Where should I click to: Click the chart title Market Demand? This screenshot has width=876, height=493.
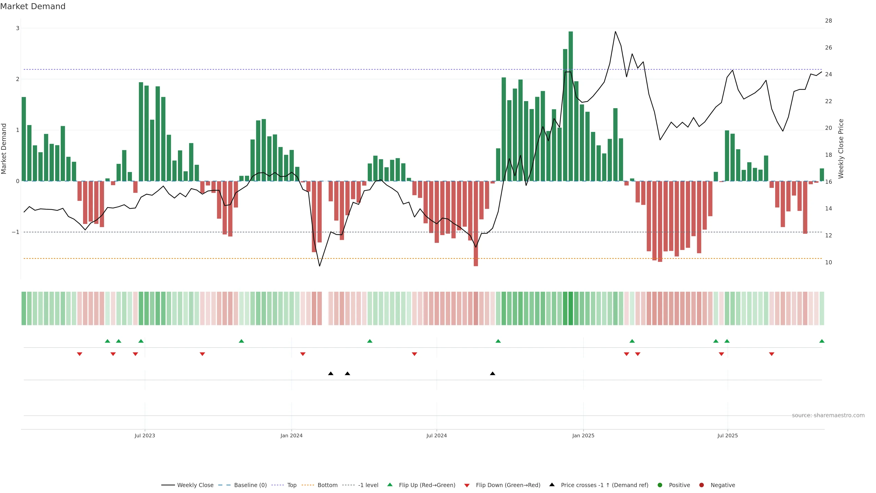pyautogui.click(x=33, y=6)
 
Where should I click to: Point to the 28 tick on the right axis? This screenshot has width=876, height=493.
pyautogui.click(x=828, y=21)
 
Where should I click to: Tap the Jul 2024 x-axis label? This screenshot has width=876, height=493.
pyautogui.click(x=436, y=435)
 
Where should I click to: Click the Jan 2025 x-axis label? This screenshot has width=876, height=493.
pyautogui.click(x=583, y=435)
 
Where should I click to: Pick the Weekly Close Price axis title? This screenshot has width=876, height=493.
pyautogui.click(x=841, y=149)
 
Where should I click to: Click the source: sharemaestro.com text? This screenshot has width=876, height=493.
pyautogui.click(x=828, y=415)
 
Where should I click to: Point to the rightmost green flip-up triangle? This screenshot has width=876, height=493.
pyautogui.click(x=821, y=341)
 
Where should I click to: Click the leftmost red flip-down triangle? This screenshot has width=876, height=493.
pyautogui.click(x=80, y=354)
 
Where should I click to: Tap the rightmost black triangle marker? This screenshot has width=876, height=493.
pyautogui.click(x=493, y=374)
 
